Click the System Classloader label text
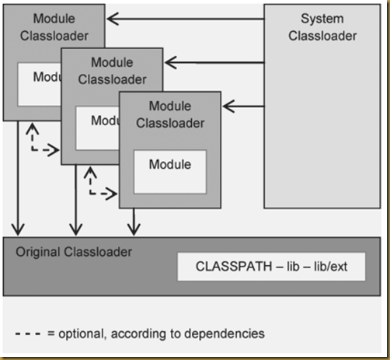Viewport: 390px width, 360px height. pyautogui.click(x=322, y=26)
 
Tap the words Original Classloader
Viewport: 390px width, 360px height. pyautogui.click(x=74, y=252)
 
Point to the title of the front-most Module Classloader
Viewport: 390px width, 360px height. pyautogui.click(x=169, y=114)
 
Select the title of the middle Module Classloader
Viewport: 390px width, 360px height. pyautogui.click(x=112, y=70)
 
